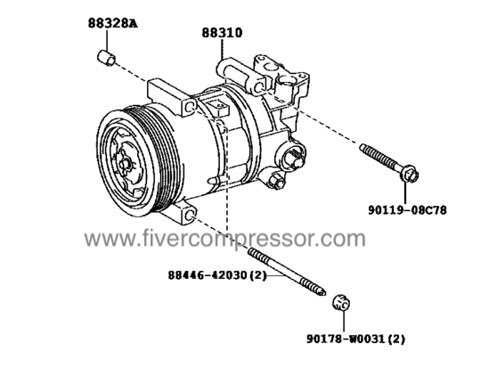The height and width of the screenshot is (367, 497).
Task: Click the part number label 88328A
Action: (113, 23)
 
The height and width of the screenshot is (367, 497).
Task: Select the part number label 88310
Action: (222, 33)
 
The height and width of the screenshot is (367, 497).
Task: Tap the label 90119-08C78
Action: (407, 210)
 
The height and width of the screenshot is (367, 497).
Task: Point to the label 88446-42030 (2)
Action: (216, 274)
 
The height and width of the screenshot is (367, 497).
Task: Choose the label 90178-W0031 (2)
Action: (355, 338)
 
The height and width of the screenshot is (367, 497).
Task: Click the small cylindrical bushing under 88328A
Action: (106, 58)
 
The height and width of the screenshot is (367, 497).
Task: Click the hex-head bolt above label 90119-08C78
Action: (389, 163)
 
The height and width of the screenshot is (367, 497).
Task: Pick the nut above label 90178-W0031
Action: (342, 303)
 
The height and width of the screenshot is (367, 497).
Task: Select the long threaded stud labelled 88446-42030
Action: (287, 272)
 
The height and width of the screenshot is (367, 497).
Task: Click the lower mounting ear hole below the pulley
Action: (189, 216)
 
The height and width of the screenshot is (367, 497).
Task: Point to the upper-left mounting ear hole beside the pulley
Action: (190, 107)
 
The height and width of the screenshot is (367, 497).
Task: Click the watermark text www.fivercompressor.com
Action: (224, 239)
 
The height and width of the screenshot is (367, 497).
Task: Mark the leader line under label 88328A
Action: (106, 39)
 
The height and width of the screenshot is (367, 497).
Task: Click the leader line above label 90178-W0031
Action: (343, 322)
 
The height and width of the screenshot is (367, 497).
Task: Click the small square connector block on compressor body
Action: (218, 107)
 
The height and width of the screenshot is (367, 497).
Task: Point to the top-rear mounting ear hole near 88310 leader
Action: (258, 87)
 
